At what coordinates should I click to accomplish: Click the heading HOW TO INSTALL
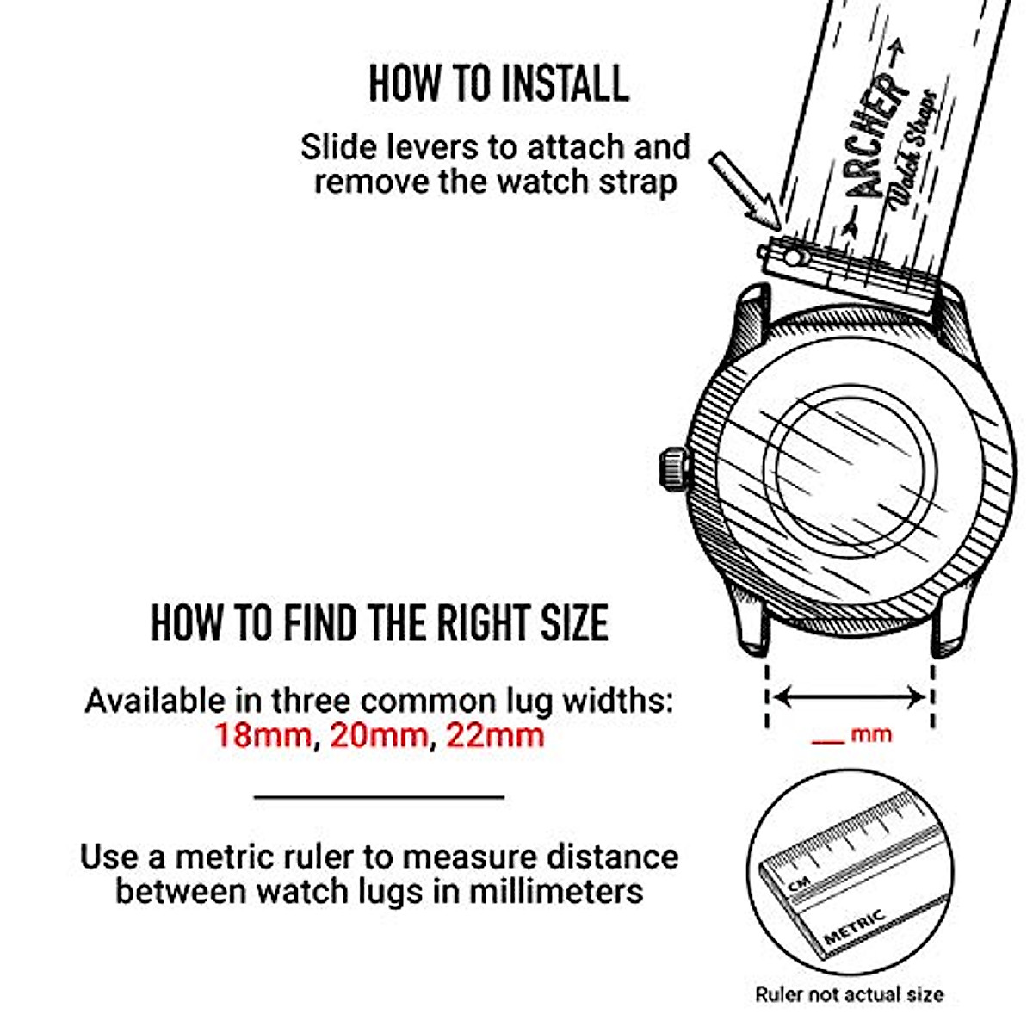[x=498, y=84]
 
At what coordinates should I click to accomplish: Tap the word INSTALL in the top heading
[x=565, y=84]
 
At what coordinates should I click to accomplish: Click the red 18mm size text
[x=262, y=735]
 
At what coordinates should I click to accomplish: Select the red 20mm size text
[x=378, y=735]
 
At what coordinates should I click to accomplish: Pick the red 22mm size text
[x=494, y=735]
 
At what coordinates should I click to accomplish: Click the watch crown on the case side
[x=672, y=469]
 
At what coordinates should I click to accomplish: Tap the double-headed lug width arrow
[x=851, y=696]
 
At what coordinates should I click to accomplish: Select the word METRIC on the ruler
[x=855, y=926]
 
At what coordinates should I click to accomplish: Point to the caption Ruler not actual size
[x=849, y=994]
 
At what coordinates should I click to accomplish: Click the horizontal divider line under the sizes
[x=379, y=797]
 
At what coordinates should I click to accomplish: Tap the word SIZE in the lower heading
[x=574, y=623]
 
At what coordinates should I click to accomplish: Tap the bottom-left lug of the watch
[x=751, y=624]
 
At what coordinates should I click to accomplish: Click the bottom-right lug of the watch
[x=947, y=624]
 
